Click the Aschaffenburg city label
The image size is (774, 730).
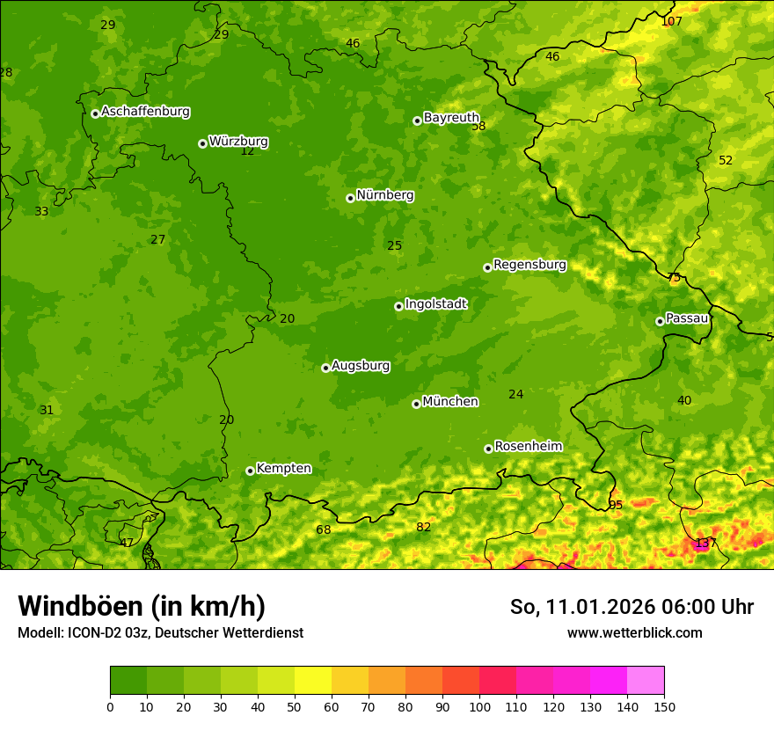(x=145, y=112)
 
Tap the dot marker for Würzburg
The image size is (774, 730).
(x=202, y=143)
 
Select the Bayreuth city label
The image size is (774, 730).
(x=451, y=118)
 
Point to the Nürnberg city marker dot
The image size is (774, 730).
(x=350, y=198)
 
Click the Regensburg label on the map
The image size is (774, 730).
(x=529, y=265)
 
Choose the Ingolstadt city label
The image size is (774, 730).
(x=435, y=304)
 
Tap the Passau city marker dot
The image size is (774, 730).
(x=660, y=321)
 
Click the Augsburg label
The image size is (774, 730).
(x=361, y=366)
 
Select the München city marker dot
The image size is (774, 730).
(x=416, y=404)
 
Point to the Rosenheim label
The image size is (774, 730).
(x=528, y=447)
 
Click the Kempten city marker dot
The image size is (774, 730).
(x=250, y=471)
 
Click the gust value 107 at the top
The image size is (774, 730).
(x=671, y=21)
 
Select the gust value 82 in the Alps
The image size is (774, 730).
(x=424, y=527)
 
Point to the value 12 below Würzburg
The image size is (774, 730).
(x=247, y=151)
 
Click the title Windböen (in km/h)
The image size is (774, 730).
(x=142, y=606)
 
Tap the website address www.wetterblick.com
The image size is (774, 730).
(x=634, y=632)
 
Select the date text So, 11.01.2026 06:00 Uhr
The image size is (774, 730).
(x=632, y=607)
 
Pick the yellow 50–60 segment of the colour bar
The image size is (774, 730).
(x=313, y=681)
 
